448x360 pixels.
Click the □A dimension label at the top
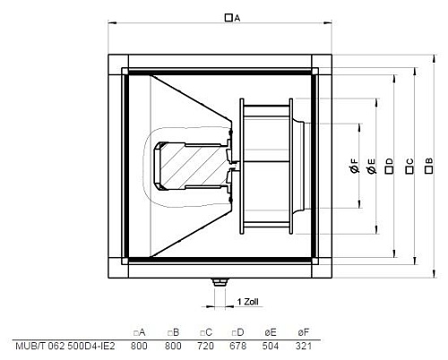coord(232,17)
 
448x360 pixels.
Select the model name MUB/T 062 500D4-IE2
coord(65,346)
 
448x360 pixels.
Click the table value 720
coord(205,346)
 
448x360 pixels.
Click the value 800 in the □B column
coord(174,346)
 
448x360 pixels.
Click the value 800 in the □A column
coord(140,346)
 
